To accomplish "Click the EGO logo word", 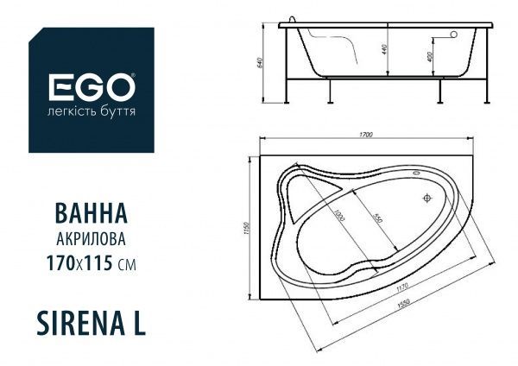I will click(x=91, y=88).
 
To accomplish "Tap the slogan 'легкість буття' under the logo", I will click(x=91, y=113).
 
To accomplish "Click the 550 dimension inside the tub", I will click(x=377, y=219).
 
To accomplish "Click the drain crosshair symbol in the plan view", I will click(x=426, y=199).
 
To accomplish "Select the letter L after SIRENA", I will click(x=138, y=321).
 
